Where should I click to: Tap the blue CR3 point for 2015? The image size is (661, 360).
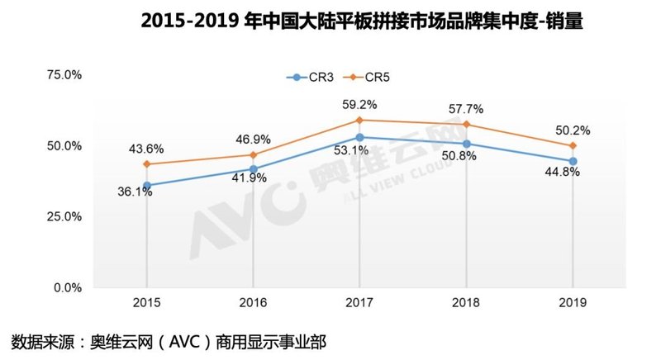click(x=147, y=185)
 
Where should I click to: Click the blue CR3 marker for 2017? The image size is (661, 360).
click(x=359, y=137)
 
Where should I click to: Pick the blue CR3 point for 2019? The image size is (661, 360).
click(x=573, y=161)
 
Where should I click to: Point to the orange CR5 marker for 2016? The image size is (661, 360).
click(x=253, y=155)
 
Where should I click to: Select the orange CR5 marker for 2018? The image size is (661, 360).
click(x=466, y=125)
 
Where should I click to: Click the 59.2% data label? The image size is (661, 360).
click(x=359, y=105)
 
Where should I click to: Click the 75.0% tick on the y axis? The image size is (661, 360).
click(x=64, y=75)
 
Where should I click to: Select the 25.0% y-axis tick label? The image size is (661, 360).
click(x=64, y=217)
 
